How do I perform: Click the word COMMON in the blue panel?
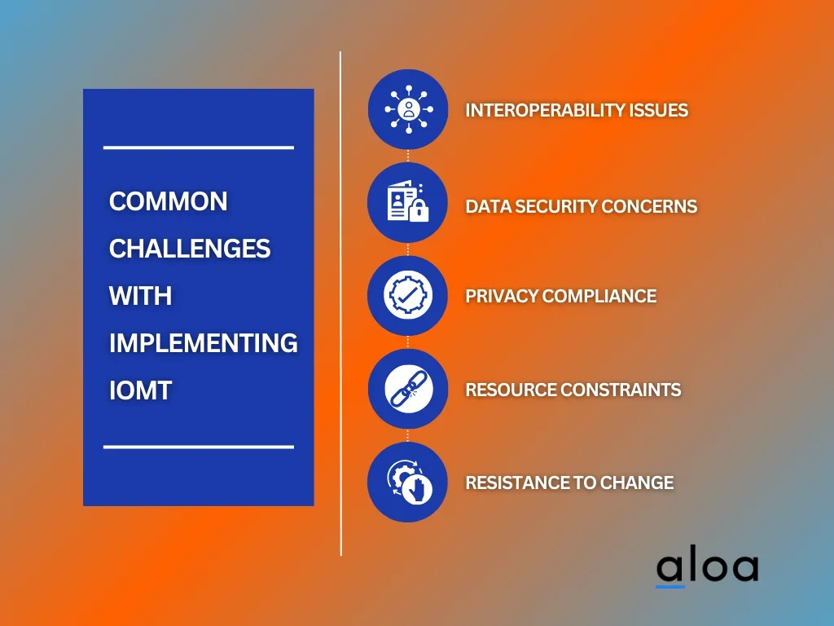[x=168, y=202]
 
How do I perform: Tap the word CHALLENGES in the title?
[x=190, y=249]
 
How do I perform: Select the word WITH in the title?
[x=140, y=296]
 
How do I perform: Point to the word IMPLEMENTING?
[x=203, y=343]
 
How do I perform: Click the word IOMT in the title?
[x=140, y=390]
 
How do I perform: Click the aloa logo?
[x=707, y=568]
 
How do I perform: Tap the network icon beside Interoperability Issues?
[x=408, y=109]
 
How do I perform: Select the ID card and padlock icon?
[x=408, y=203]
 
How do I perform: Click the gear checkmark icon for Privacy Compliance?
[x=408, y=295]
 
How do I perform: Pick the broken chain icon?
[x=408, y=389]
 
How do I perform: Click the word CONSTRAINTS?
[x=621, y=390]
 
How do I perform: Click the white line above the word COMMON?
[x=199, y=148]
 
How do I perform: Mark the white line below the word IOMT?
[x=199, y=447]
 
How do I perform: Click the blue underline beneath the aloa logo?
[x=670, y=587]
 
